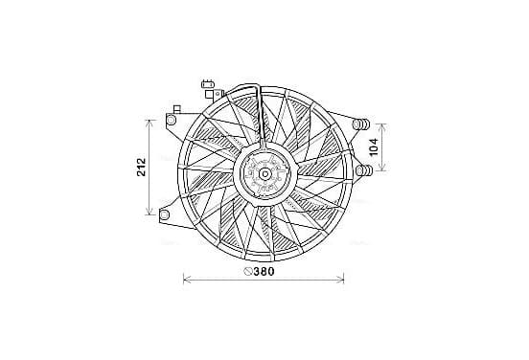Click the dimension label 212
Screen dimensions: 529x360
pyautogui.click(x=142, y=168)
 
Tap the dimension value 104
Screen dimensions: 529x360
pyautogui.click(x=374, y=146)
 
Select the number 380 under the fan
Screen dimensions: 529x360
pyautogui.click(x=264, y=271)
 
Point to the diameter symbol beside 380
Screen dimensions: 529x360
pyautogui.click(x=248, y=271)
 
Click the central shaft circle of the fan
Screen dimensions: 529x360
pyautogui.click(x=265, y=174)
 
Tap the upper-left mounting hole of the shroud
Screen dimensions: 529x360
pyautogui.click(x=171, y=120)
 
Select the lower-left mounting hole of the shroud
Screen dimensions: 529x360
pyautogui.click(x=164, y=214)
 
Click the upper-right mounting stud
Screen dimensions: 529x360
pyautogui.click(x=360, y=124)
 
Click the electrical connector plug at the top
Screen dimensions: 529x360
pyautogui.click(x=208, y=84)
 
